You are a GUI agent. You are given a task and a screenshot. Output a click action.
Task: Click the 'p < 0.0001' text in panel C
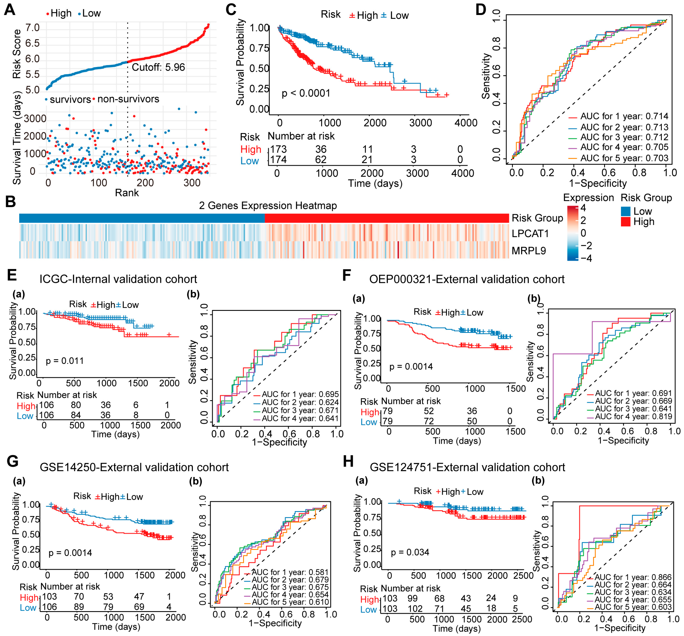(306, 93)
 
